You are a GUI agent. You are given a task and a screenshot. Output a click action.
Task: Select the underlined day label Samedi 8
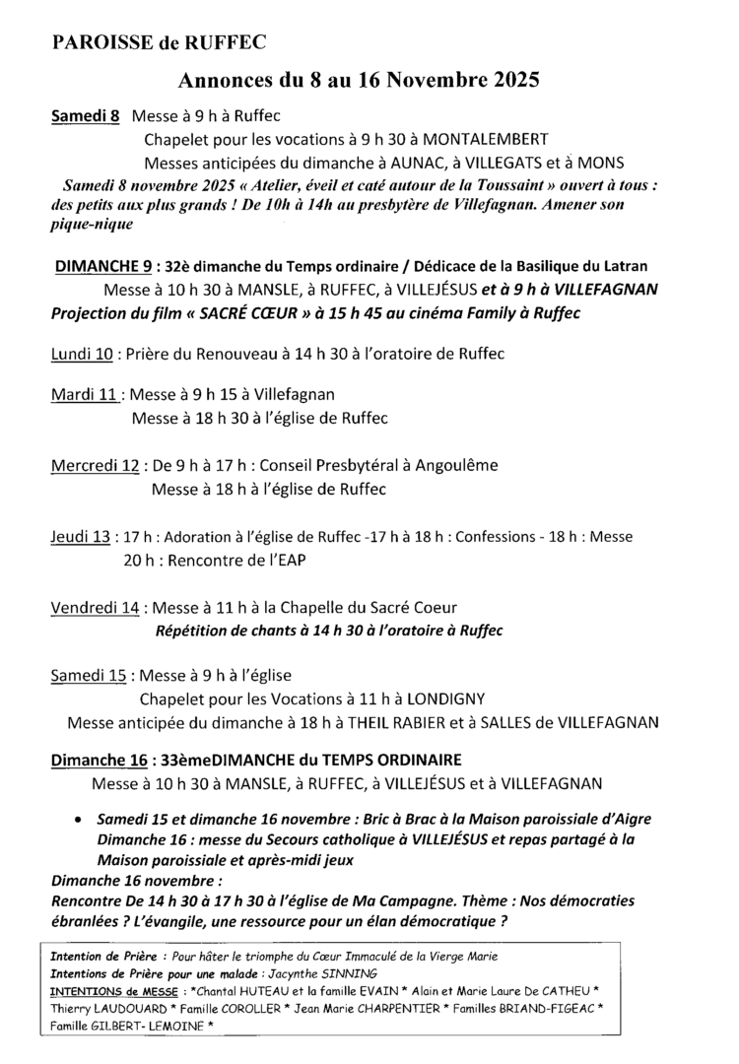(x=86, y=115)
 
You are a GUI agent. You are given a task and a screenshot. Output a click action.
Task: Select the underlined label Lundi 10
(x=83, y=354)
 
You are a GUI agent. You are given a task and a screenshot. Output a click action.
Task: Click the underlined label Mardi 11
(x=86, y=395)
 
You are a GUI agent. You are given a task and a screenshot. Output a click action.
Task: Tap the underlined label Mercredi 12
(x=95, y=465)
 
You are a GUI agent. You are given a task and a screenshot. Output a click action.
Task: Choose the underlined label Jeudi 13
(x=80, y=537)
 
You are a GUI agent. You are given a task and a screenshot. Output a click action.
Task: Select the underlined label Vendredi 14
(x=95, y=607)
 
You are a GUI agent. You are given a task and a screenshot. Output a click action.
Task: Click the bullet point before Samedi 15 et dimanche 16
(x=78, y=820)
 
